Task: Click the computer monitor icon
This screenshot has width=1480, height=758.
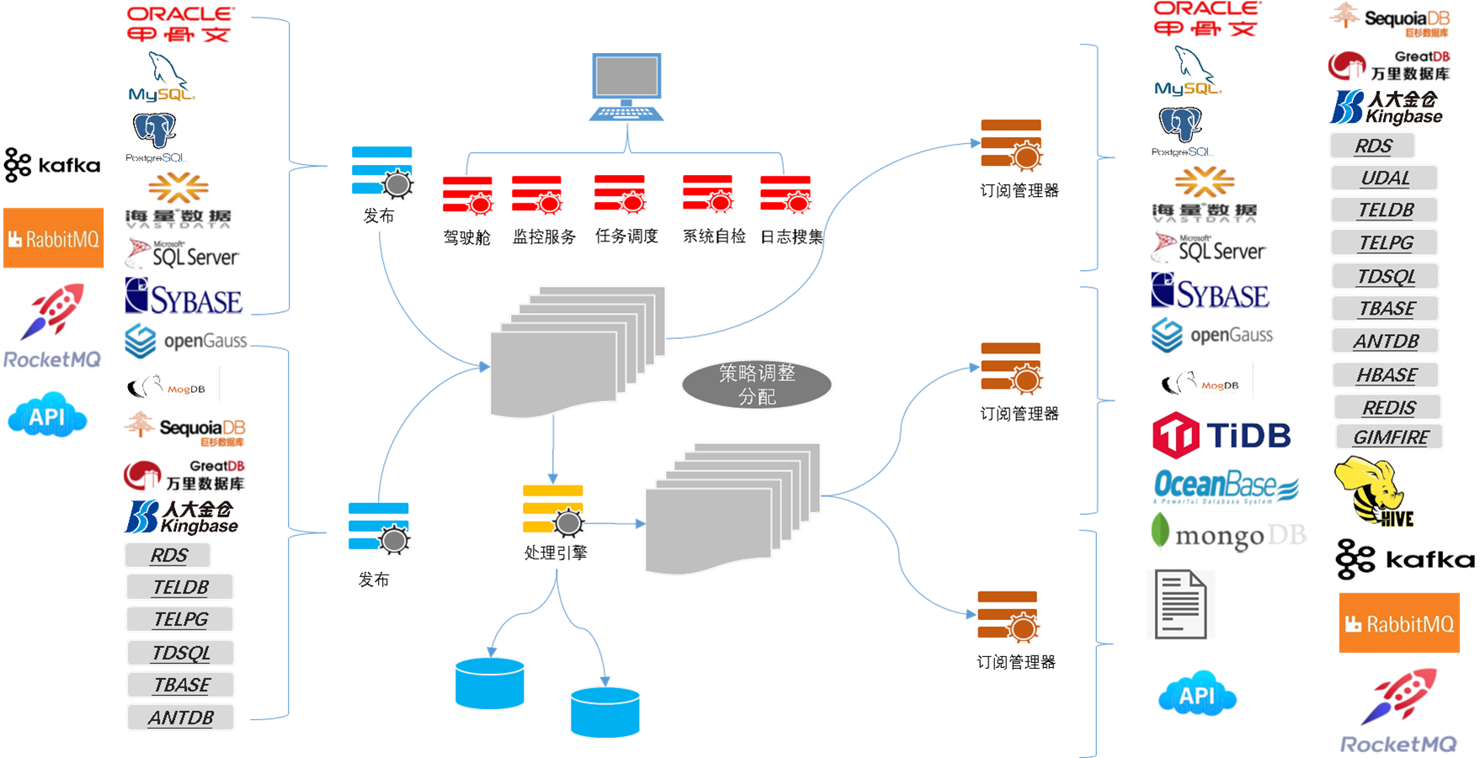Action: click(626, 77)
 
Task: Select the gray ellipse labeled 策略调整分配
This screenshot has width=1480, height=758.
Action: click(756, 384)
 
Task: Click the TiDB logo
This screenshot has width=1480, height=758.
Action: click(1222, 435)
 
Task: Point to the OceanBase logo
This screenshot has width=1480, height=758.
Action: click(1226, 487)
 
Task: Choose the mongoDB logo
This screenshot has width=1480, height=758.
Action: click(1228, 533)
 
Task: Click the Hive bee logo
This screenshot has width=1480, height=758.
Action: click(1374, 491)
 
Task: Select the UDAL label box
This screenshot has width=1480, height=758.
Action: click(1384, 178)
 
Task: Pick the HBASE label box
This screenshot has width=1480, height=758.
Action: click(1386, 375)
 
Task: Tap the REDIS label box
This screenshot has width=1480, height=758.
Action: click(1388, 408)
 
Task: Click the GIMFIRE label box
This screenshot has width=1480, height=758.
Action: click(1390, 437)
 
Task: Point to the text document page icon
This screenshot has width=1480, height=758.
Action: click(1180, 603)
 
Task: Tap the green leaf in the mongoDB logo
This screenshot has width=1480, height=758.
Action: click(1161, 530)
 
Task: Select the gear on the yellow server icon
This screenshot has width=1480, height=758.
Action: click(569, 522)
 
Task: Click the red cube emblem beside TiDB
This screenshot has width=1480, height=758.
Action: click(1175, 435)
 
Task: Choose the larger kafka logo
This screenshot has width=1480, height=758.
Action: click(1404, 560)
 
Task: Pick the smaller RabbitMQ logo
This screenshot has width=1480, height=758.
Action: click(53, 239)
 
